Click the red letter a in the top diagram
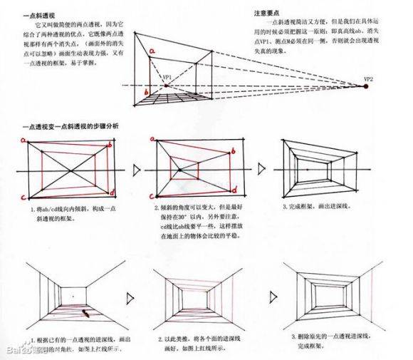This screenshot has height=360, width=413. coord(150,51)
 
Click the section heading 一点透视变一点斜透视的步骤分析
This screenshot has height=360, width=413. coord(70,126)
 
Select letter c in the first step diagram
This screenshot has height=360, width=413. coord(23,197)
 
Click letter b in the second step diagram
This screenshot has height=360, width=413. coord(233,152)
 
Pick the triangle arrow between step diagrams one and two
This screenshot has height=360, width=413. coord(137,170)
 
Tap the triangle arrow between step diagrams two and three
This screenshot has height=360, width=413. coord(262,169)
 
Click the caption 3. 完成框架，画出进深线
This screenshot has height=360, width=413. coord(320,206)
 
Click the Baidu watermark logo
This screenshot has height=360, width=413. coord(21,350)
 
